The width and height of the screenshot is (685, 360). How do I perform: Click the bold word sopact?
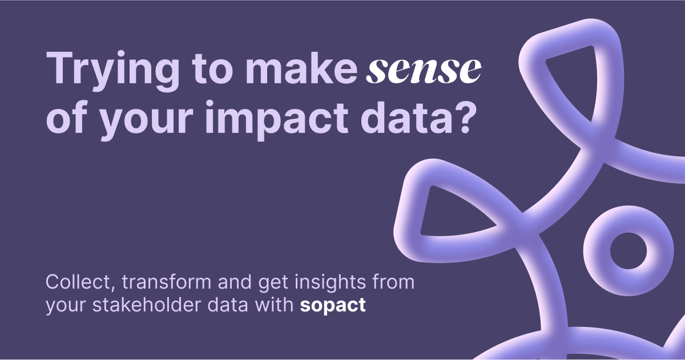click(x=333, y=305)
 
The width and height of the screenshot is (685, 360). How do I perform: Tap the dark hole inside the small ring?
click(x=627, y=250)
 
